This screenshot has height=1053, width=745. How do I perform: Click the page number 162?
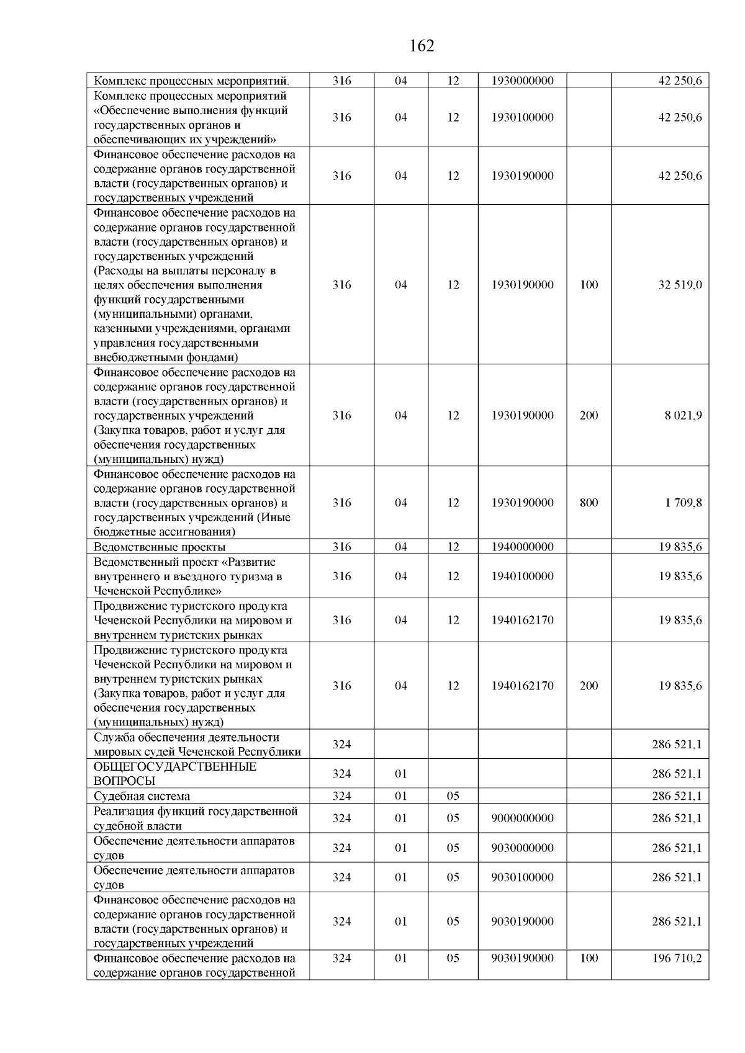(x=422, y=46)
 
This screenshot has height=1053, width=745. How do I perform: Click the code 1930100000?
(x=522, y=117)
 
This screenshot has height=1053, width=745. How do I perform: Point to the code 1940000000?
(x=522, y=547)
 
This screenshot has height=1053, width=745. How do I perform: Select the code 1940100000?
(x=522, y=576)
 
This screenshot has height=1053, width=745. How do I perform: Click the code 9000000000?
(x=522, y=818)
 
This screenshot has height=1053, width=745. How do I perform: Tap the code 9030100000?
(x=522, y=877)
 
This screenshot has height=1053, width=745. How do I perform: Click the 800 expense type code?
(x=589, y=503)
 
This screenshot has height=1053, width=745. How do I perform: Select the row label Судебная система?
(x=142, y=796)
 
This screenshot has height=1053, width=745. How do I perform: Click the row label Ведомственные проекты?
(x=160, y=547)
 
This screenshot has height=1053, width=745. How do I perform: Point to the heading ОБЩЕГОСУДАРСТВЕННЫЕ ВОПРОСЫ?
(x=174, y=774)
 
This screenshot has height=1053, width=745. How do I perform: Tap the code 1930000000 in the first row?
(x=522, y=81)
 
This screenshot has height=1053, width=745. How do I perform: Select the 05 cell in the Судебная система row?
(x=453, y=796)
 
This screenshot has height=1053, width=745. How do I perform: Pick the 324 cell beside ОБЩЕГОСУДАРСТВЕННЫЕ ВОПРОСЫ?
(x=341, y=774)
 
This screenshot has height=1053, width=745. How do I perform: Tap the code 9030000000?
(x=522, y=848)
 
